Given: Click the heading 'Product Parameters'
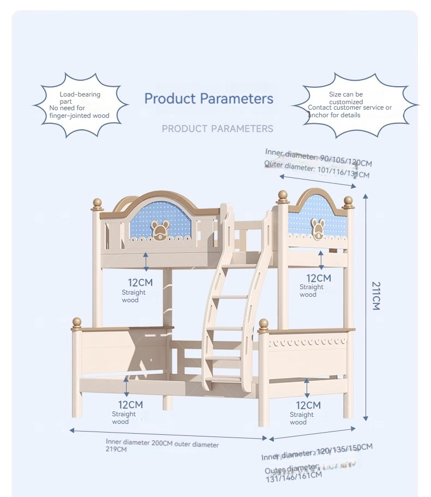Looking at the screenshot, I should tap(208, 99).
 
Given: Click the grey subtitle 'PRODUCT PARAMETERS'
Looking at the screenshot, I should tap(217, 129).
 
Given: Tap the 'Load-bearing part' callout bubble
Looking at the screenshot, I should tap(80, 105).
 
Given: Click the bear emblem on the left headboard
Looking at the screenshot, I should tap(159, 230).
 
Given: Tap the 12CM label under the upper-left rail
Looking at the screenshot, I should tap(140, 283).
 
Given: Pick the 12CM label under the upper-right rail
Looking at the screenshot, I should tap(319, 278).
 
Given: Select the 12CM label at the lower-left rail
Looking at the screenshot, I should tap(131, 405).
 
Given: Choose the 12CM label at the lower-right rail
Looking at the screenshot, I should tap(308, 405).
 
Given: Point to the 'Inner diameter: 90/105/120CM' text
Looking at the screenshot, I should tap(319, 157).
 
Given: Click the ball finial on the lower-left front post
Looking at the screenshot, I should tap(77, 322).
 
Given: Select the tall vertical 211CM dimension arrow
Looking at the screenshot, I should tap(366, 308).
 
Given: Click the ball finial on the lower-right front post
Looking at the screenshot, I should tap(264, 325).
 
